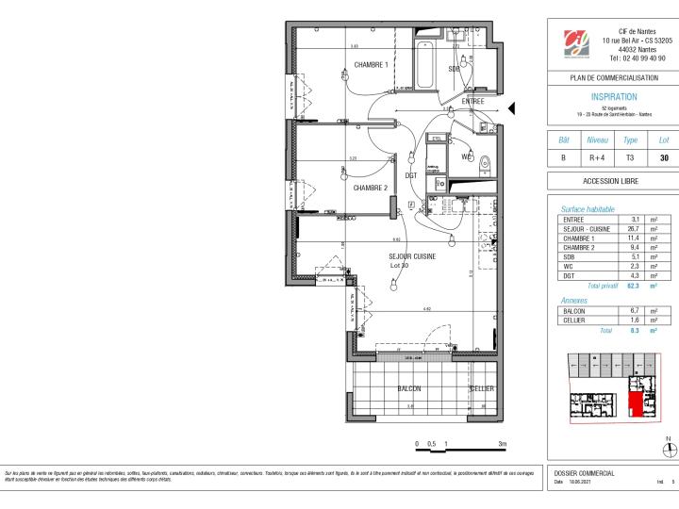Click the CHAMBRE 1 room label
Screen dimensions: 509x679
click(371, 65)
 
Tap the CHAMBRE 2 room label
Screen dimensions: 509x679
click(371, 188)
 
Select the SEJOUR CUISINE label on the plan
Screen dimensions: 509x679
click(412, 256)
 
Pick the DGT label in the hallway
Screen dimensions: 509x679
click(411, 175)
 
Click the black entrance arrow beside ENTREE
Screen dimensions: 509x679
click(512, 109)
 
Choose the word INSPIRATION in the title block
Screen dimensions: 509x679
click(613, 97)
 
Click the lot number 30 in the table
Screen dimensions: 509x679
click(663, 157)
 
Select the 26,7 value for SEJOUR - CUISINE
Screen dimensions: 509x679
click(635, 228)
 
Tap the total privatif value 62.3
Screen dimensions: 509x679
click(634, 285)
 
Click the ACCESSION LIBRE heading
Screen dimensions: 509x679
click(613, 181)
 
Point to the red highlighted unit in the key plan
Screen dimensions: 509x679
click(639, 397)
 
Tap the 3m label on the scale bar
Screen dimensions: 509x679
click(502, 443)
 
